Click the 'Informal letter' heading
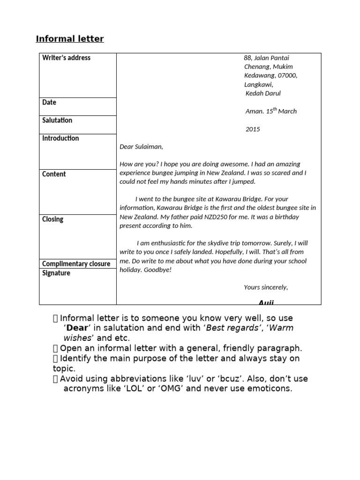pos(70,39)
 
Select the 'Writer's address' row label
pos(66,58)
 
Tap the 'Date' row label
pos(49,102)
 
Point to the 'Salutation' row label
pos(57,120)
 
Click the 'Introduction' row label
pos(60,138)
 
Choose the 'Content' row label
pos(54,174)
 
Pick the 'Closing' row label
pos(52,219)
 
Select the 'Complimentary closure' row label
pos(76,264)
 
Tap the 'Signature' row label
pos(56,273)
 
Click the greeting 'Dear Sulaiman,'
pos(141,147)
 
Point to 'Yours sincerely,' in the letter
pos(266,287)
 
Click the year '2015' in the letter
pos(252,129)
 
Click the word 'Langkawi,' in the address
pos(258,84)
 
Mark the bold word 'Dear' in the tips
pos(77,328)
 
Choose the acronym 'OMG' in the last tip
pos(171,389)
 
